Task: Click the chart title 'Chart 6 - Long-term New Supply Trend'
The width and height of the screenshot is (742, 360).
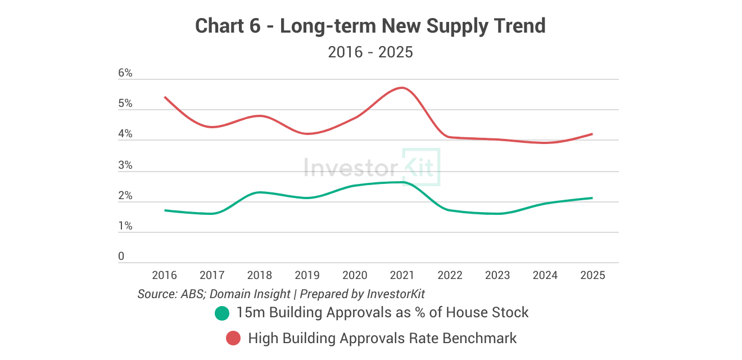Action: click(x=370, y=26)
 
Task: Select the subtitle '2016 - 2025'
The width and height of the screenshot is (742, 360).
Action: click(x=370, y=52)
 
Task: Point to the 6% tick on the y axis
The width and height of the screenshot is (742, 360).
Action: click(x=125, y=73)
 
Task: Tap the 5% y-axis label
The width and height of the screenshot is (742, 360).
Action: click(x=125, y=104)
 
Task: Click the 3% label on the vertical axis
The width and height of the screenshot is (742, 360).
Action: click(x=125, y=165)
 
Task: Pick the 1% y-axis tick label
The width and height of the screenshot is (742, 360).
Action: click(x=125, y=226)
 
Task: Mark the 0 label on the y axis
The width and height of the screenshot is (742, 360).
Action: click(x=121, y=256)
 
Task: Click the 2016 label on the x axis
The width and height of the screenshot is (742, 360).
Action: click(x=165, y=275)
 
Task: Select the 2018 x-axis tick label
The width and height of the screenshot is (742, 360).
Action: click(x=260, y=275)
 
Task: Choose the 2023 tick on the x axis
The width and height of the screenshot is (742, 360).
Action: click(x=497, y=275)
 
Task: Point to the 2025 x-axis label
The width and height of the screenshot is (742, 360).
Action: click(x=592, y=275)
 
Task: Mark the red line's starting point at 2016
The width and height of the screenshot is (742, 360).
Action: click(x=165, y=97)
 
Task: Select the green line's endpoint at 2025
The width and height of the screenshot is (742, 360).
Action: click(x=592, y=198)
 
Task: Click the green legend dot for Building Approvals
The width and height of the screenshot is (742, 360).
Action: click(x=223, y=313)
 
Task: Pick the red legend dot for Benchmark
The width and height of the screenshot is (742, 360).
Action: click(x=233, y=339)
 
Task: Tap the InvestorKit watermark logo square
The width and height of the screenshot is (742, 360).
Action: click(x=421, y=167)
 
